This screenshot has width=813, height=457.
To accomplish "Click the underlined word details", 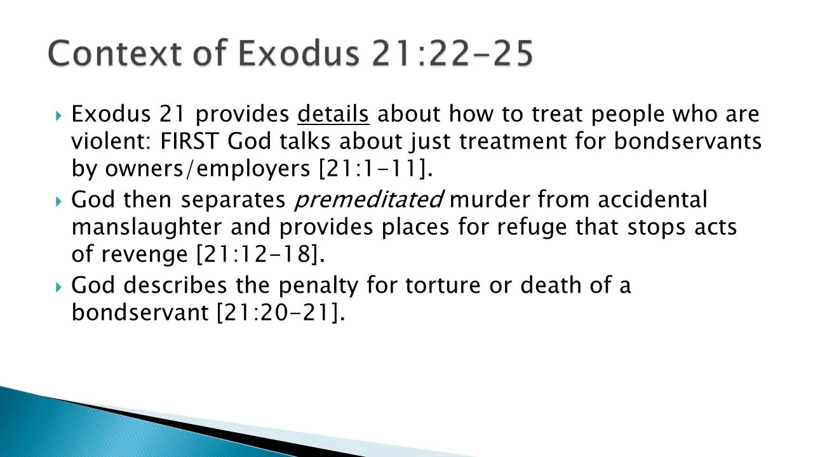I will click(x=333, y=114).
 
